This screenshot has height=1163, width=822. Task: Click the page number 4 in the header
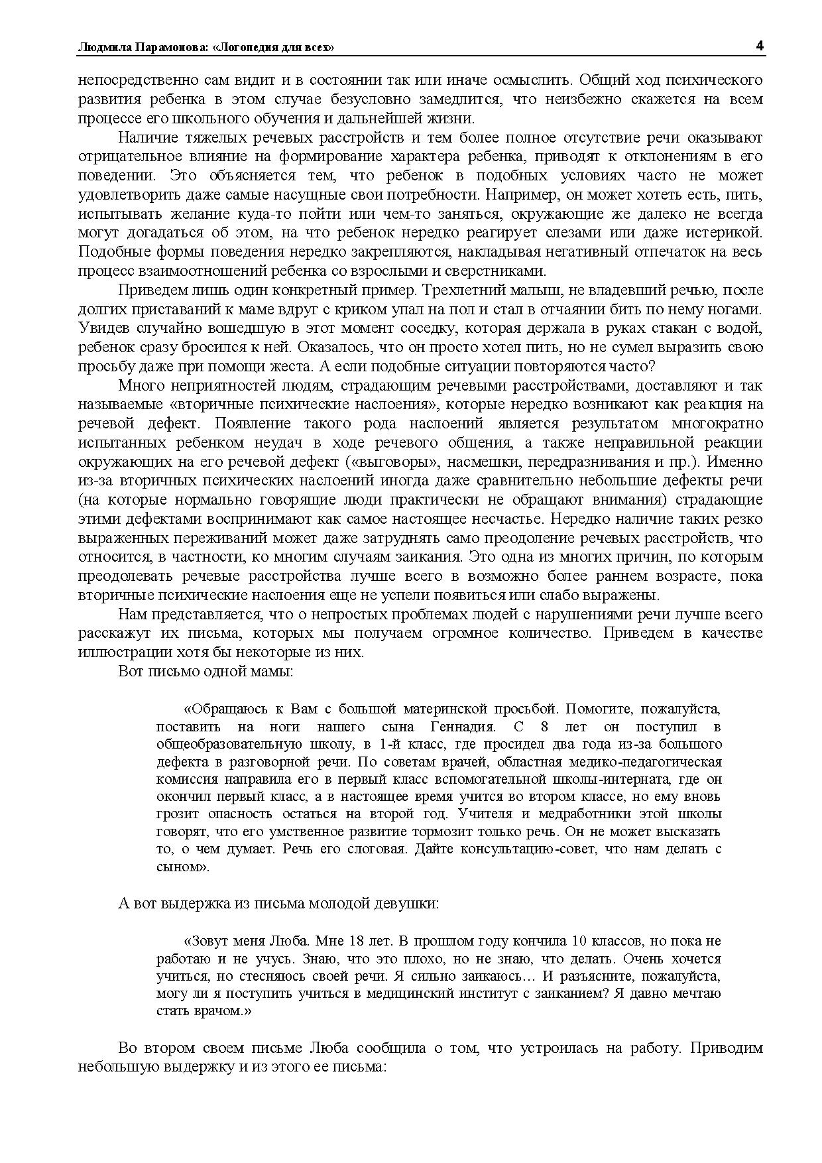pyautogui.click(x=759, y=46)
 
